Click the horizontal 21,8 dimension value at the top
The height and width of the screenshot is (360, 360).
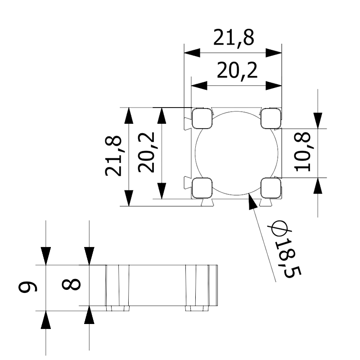(234, 38)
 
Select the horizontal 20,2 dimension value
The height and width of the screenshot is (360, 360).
(237, 71)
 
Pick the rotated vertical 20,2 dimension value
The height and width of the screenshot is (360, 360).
(147, 152)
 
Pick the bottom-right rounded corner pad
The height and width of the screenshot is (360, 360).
(270, 187)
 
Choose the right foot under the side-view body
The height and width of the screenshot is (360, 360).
(198, 309)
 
